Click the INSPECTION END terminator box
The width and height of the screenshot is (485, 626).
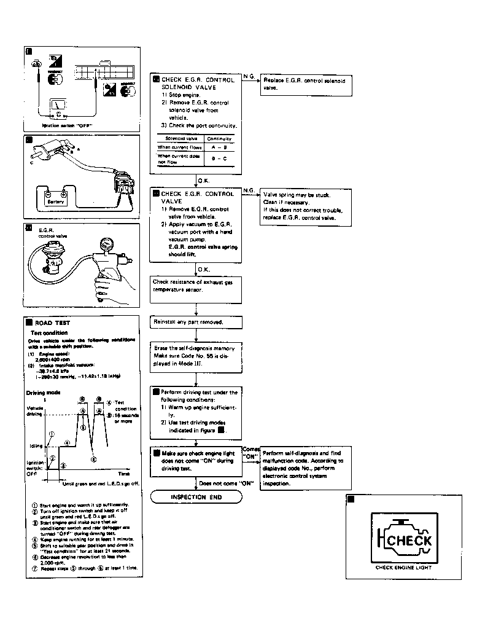(196, 497)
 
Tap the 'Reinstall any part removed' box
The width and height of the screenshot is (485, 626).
(196, 322)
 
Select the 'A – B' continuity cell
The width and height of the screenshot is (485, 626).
(219, 147)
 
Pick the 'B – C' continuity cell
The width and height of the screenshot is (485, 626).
(219, 159)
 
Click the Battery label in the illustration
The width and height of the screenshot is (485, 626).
(56, 201)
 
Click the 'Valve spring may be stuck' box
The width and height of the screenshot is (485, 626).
(306, 206)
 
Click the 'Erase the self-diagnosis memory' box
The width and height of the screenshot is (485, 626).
(196, 356)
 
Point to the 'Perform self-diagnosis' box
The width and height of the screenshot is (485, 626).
(305, 468)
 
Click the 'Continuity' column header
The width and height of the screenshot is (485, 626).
(219, 139)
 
